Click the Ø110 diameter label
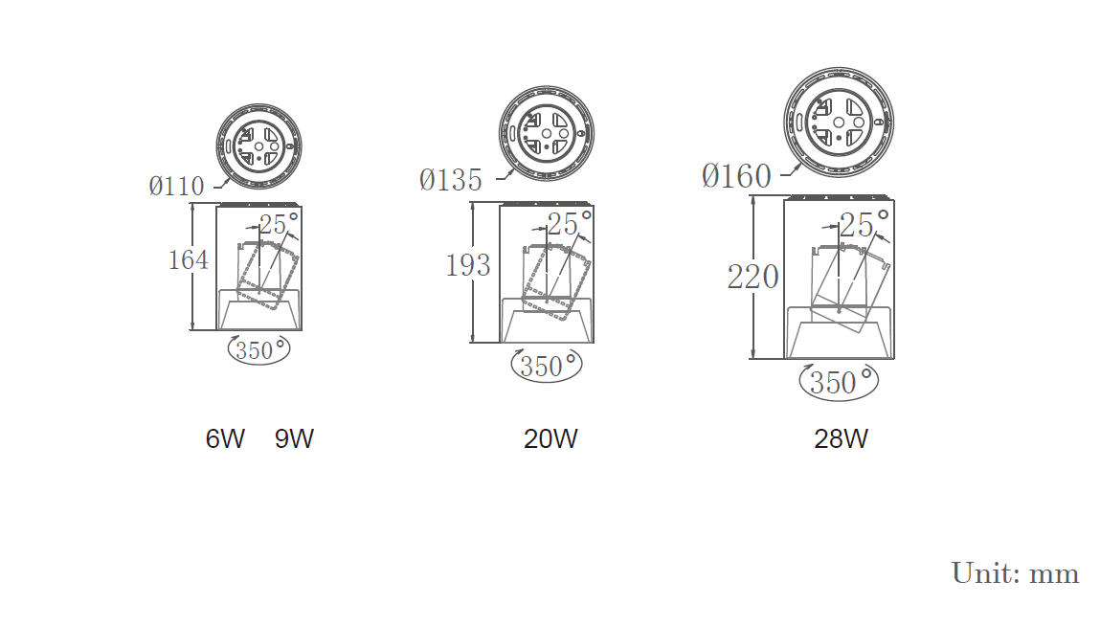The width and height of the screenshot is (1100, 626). coord(176,186)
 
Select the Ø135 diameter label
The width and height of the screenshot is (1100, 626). coord(450,180)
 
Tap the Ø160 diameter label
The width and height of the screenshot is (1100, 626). coord(736,175)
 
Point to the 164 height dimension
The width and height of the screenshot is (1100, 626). coord(188,259)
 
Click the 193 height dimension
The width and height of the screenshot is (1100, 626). coord(468,265)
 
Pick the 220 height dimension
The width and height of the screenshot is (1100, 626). coord(752,277)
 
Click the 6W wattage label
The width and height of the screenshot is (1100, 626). coord(225,438)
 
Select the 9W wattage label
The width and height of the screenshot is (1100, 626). coord(294,438)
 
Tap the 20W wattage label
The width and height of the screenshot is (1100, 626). coord(550,438)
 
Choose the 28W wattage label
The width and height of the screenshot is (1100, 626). coord(841,438)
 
